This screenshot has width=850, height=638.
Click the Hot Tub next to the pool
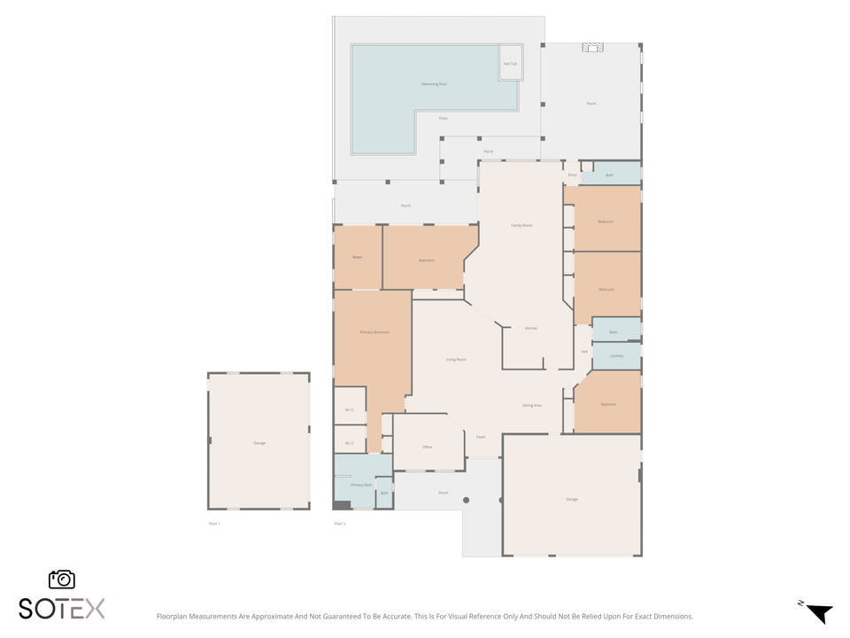[510, 64]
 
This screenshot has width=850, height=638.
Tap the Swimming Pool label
[434, 84]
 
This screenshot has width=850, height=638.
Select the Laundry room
[616, 356]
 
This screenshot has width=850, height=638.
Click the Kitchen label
[531, 329]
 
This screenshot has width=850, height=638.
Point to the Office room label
[427, 447]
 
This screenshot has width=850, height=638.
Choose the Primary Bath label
[361, 485]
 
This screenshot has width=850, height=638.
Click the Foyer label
[481, 437]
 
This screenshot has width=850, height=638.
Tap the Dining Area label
[532, 405]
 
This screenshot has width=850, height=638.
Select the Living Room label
[456, 359]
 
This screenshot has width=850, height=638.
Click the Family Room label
[522, 225]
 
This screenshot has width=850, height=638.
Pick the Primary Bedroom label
[374, 332]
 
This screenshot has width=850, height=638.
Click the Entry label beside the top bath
[572, 175]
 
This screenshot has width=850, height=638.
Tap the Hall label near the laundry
[584, 352]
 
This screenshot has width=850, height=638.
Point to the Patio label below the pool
[443, 118]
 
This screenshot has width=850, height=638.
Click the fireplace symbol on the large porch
[592, 48]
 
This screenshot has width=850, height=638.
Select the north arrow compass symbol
[818, 611]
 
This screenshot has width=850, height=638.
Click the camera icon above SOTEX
[62, 580]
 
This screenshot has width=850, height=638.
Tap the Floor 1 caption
[213, 524]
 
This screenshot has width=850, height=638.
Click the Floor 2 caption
[339, 524]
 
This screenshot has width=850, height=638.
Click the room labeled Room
[358, 257]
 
